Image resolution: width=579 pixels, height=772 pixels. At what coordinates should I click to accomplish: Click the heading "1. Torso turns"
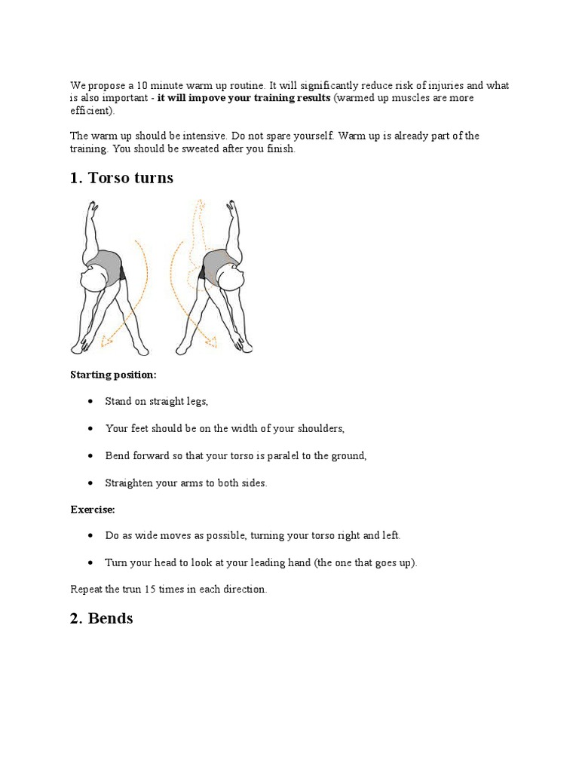[x=121, y=178]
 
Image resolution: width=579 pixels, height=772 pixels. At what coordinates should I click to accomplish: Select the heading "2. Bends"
[x=101, y=618]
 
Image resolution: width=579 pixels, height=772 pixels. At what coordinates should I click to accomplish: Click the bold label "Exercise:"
[x=93, y=510]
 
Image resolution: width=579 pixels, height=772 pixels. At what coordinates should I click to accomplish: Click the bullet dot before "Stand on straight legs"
[x=90, y=402]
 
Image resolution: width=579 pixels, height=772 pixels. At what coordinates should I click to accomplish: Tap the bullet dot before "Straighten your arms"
[x=90, y=483]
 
